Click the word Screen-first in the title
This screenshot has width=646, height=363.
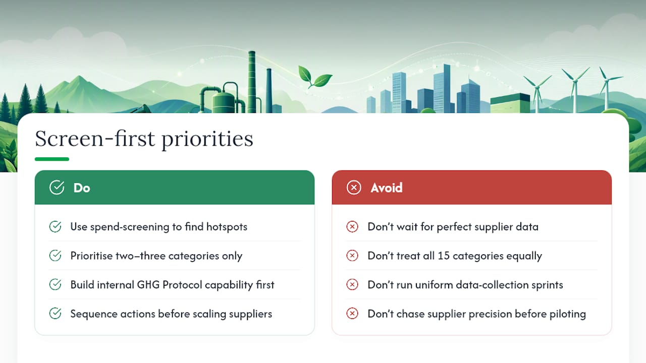95,139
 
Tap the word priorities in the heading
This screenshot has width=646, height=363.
207,140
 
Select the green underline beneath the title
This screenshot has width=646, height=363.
52,159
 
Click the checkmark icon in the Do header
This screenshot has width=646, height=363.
57,188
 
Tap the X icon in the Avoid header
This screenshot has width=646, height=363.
354,188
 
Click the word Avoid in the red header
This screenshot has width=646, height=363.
387,188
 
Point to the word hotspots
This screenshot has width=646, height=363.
227,227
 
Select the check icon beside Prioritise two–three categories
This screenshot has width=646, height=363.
55,256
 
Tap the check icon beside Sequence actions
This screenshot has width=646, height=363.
55,314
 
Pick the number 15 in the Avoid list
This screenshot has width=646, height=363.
444,256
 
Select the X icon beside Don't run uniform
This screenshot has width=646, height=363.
352,285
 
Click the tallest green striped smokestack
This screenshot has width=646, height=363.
252,82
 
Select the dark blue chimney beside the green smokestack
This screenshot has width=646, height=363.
269,91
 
